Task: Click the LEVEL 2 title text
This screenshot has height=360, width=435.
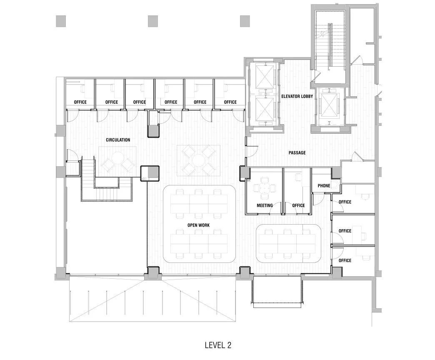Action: coord(217,345)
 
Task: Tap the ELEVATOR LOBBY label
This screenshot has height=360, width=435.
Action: coord(297,96)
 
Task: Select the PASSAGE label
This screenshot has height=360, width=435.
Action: coord(297,153)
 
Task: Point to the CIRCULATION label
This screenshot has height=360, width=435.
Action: coord(118,140)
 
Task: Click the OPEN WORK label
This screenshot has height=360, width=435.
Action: coord(198,225)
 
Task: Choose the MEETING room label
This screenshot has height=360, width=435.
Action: coord(265,205)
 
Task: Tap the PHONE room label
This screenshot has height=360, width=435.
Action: coord(324,186)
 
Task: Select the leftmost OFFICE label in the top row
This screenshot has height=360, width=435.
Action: coord(80,102)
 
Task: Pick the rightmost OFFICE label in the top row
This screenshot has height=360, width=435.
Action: coord(230,102)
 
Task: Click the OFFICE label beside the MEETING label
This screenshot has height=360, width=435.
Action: coord(298,205)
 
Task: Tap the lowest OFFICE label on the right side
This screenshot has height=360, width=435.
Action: coord(345,260)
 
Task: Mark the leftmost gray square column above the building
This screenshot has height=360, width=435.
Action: coord(61,21)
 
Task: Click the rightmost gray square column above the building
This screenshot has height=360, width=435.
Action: coord(245,21)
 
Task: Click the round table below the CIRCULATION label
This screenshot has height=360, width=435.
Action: coord(117,159)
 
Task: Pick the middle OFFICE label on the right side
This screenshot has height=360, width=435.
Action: coord(345,231)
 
